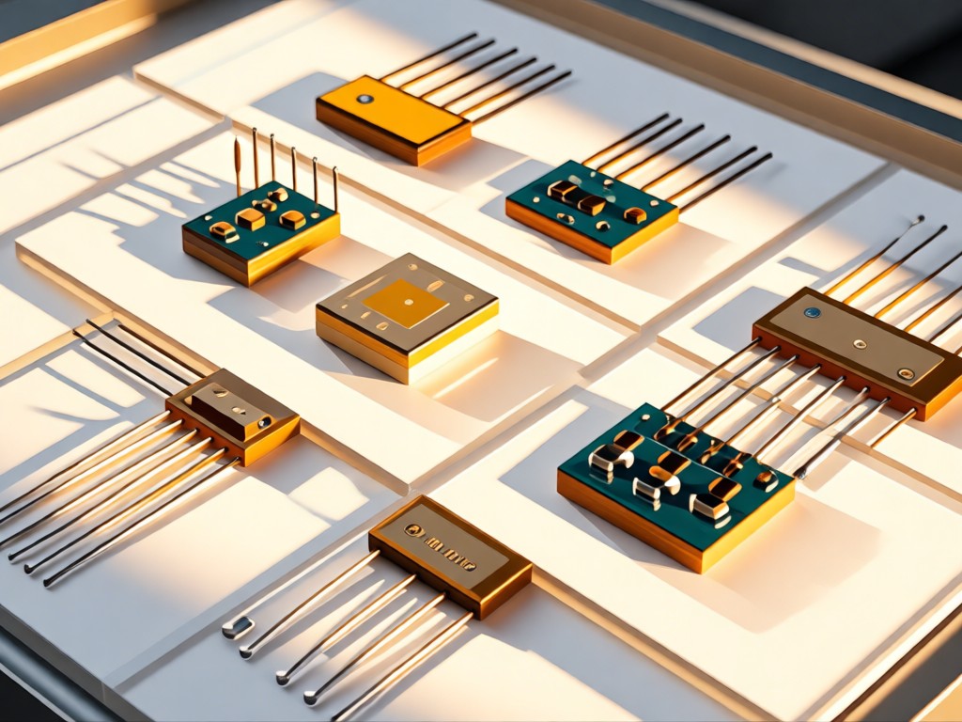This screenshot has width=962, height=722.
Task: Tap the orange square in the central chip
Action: coord(405,303)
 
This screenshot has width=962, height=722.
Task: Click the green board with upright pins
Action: coord(260,230)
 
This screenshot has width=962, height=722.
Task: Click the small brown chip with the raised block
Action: coord(233,416)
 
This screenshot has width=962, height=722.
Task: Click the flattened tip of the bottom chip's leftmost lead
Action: coord(237,627)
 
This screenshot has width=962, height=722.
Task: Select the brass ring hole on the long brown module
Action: coord(906,373)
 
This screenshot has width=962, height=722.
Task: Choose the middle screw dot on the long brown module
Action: coord(858,344)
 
